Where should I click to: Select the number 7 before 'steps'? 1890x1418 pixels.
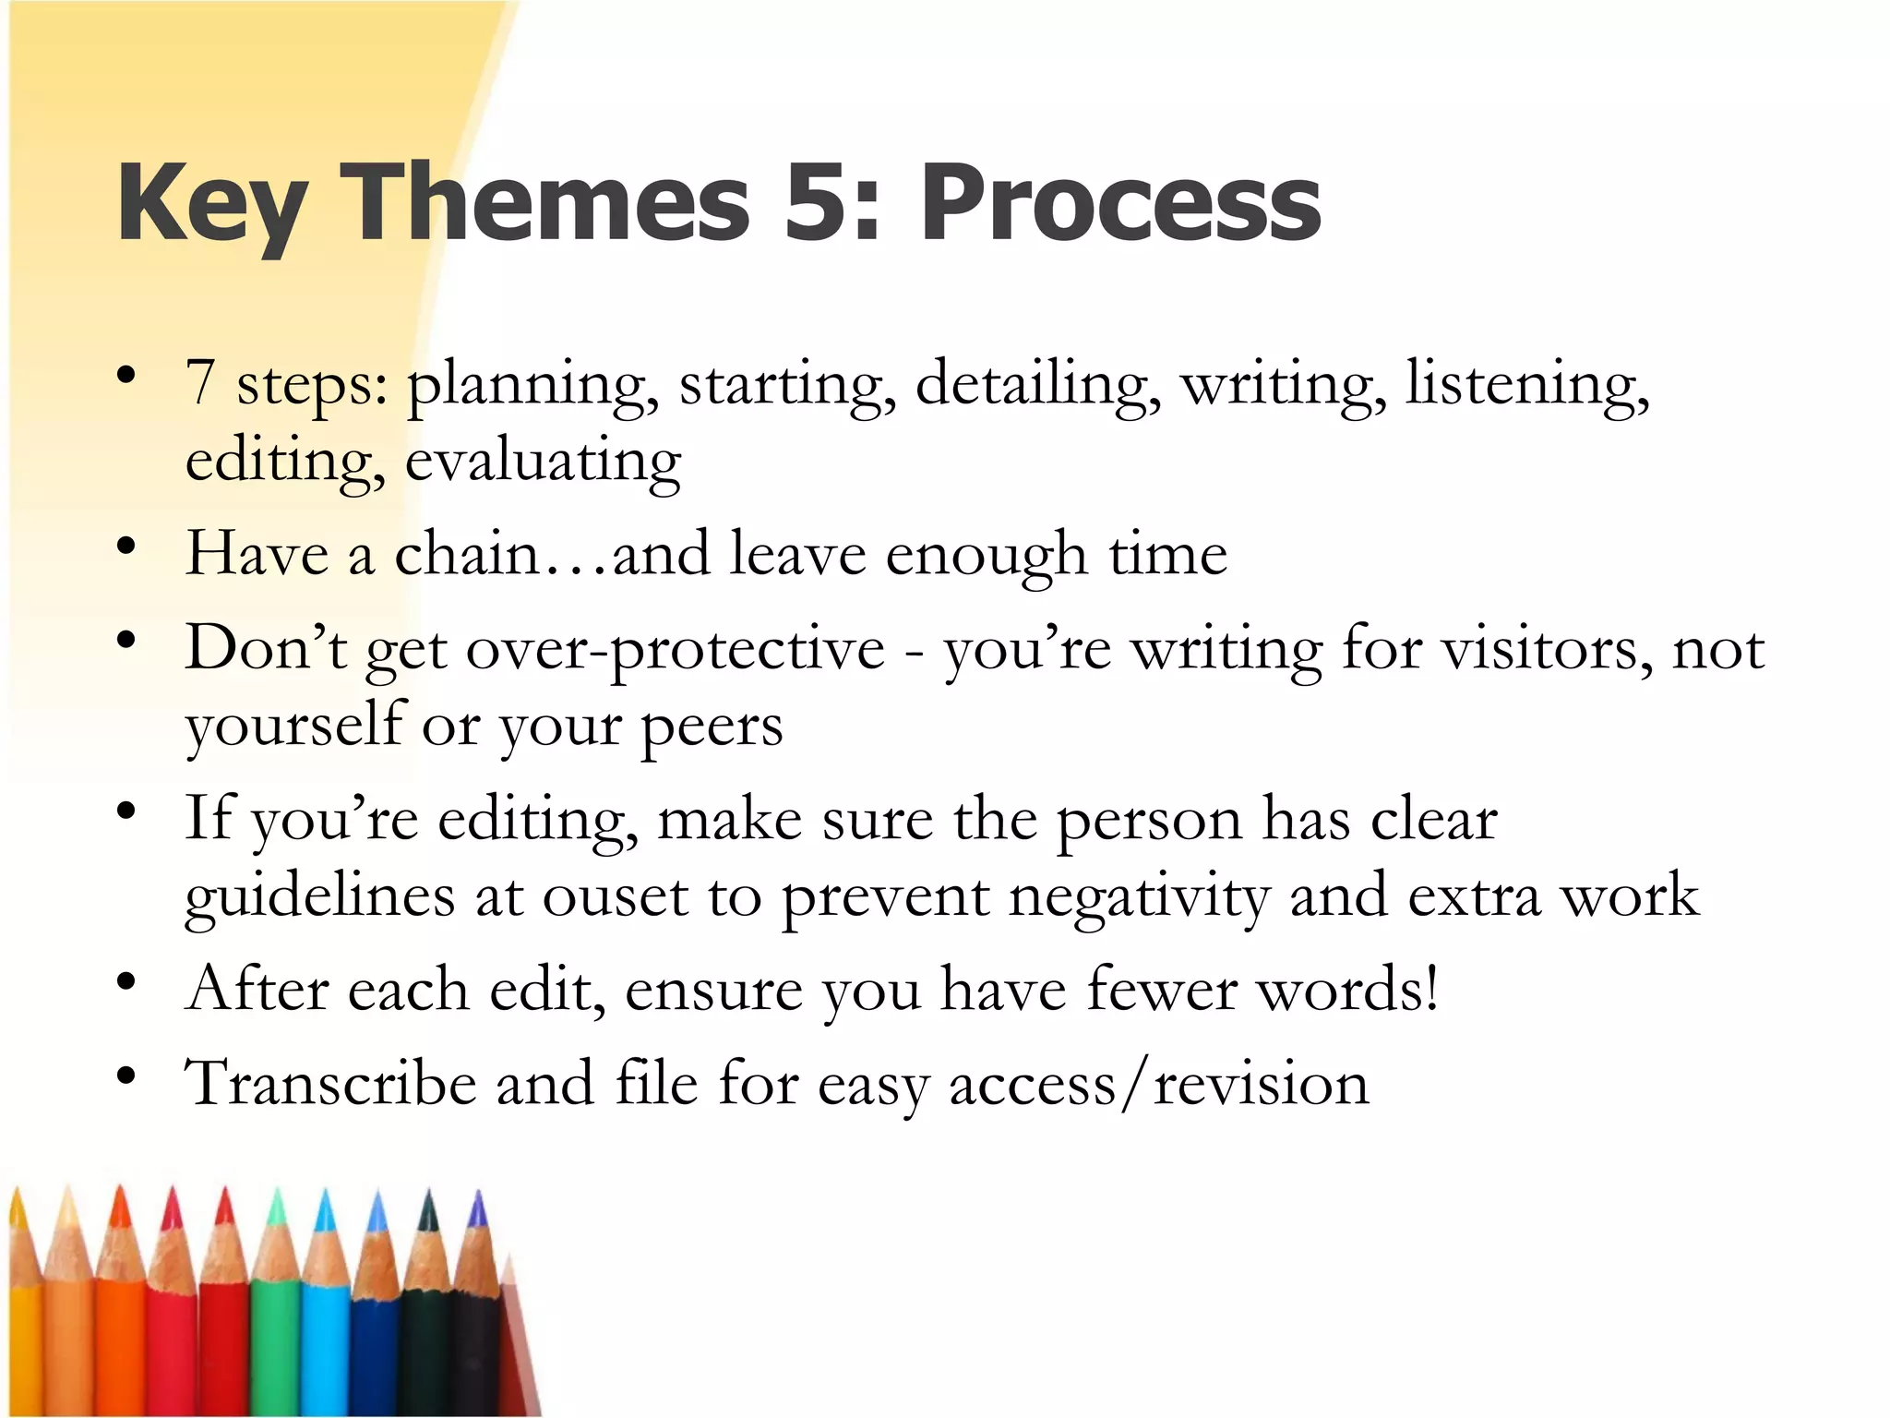(200, 383)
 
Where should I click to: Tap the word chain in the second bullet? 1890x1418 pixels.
(466, 554)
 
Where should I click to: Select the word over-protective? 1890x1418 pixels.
(675, 650)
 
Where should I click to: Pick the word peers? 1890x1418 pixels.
(712, 727)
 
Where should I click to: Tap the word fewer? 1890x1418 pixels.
(1161, 990)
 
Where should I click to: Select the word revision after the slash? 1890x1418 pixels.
(1262, 1084)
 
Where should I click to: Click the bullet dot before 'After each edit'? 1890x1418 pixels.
(126, 980)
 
